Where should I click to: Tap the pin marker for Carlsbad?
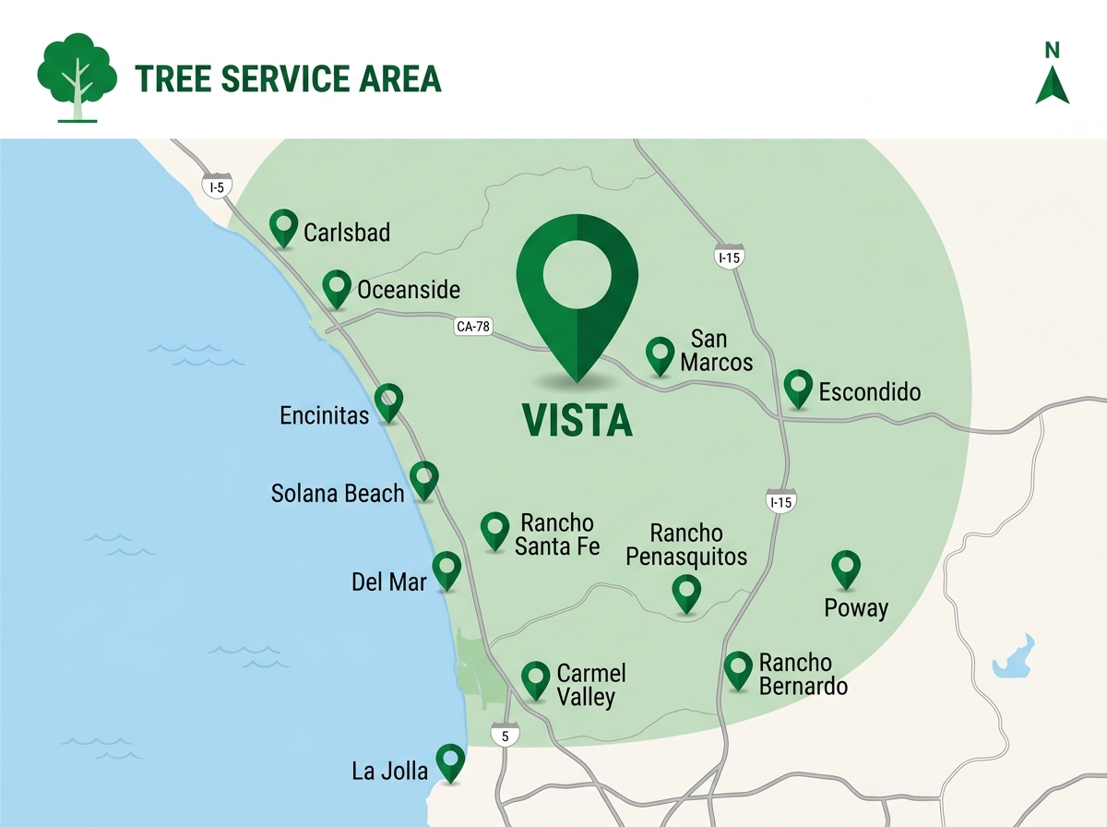[x=283, y=226]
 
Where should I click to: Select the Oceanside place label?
[x=408, y=290]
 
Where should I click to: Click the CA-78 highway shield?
[x=473, y=327]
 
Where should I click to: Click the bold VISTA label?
[x=577, y=421]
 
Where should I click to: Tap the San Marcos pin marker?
[x=660, y=354]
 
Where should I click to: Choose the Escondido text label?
[x=869, y=392]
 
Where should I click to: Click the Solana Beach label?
[x=338, y=493]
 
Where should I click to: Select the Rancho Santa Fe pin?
[x=495, y=530]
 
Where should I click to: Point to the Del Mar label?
[x=389, y=582]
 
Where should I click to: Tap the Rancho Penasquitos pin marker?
[x=686, y=592]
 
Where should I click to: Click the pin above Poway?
[x=846, y=569]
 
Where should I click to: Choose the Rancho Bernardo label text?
[x=802, y=675]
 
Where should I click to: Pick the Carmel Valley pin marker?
[x=536, y=679]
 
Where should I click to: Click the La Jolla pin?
[x=450, y=761]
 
